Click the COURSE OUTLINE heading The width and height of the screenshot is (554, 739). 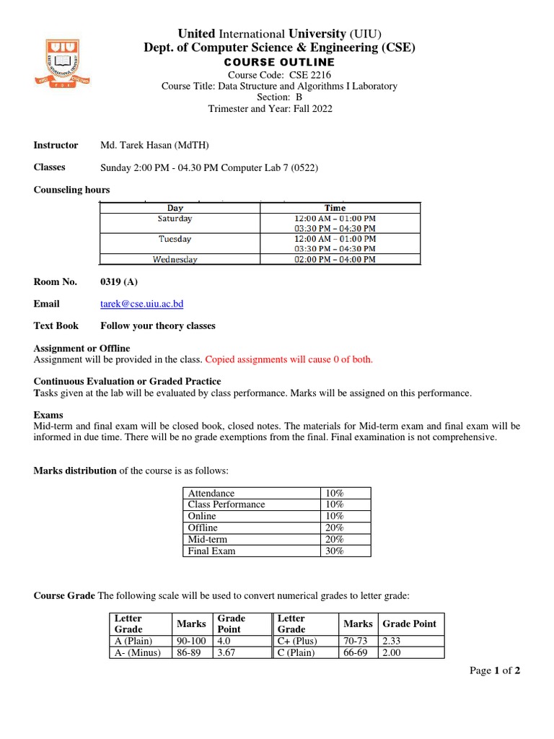click(x=281, y=63)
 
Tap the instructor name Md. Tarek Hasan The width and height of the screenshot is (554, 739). click(x=154, y=145)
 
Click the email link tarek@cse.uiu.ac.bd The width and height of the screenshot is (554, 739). click(x=141, y=304)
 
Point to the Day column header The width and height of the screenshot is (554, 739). click(x=175, y=208)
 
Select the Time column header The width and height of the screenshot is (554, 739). click(x=335, y=208)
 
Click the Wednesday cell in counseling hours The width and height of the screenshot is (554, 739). click(x=175, y=260)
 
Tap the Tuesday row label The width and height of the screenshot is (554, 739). click(x=175, y=239)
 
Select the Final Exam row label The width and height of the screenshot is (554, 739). click(x=211, y=551)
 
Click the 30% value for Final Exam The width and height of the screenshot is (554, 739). click(x=335, y=551)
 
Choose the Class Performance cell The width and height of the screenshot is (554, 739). click(x=227, y=504)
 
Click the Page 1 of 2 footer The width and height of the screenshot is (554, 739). click(x=495, y=670)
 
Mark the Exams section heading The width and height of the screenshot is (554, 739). click(x=48, y=415)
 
